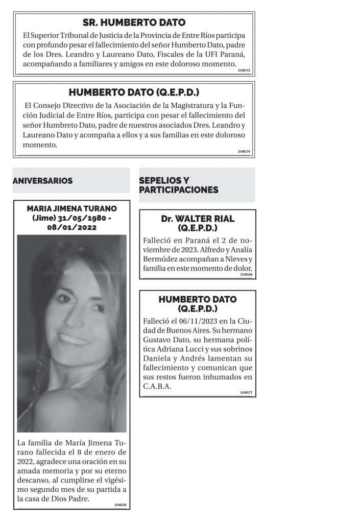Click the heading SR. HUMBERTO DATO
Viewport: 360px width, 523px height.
(x=134, y=22)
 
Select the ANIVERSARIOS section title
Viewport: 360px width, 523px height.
(x=42, y=181)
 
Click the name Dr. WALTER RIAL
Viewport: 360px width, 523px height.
(x=197, y=219)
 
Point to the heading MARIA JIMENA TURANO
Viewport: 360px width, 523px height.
(x=71, y=208)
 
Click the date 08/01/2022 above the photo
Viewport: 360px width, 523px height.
(x=71, y=227)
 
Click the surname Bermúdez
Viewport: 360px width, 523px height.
(x=161, y=259)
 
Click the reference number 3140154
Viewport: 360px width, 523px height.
(x=121, y=505)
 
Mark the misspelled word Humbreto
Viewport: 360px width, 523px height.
(x=64, y=125)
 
